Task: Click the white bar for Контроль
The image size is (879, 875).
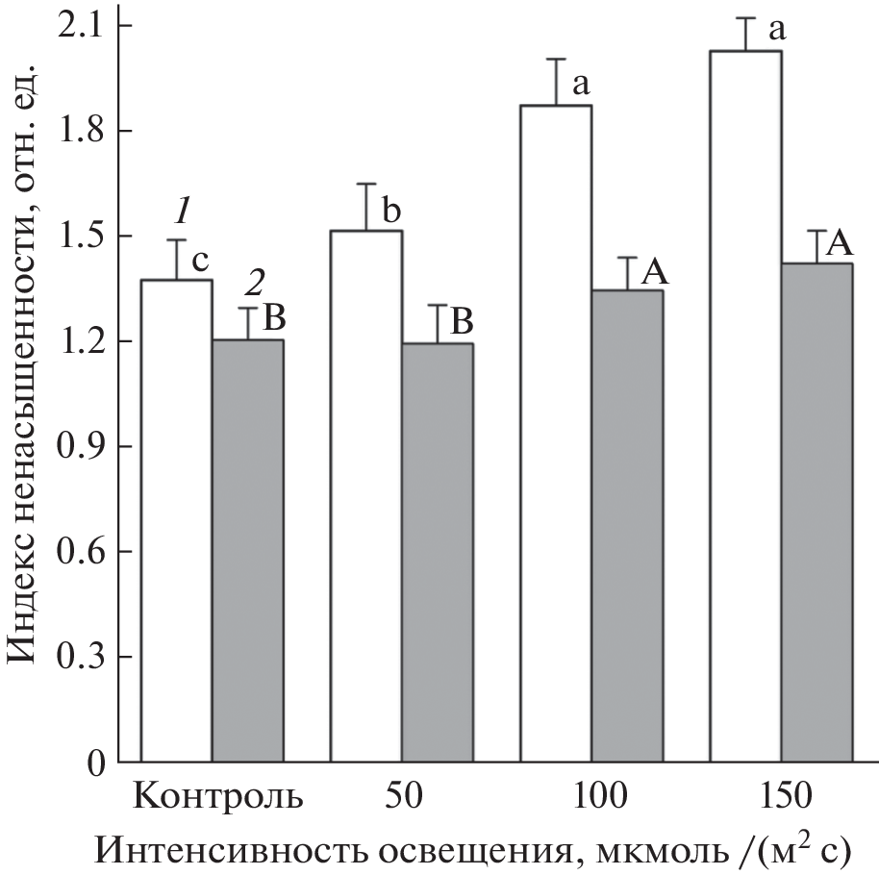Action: pyautogui.click(x=177, y=520)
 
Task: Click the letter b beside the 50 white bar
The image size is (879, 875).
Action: pyautogui.click(x=389, y=210)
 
